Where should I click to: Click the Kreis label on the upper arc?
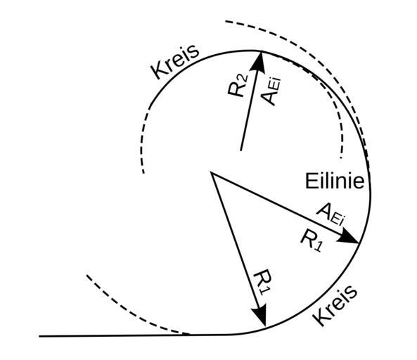(x=175, y=62)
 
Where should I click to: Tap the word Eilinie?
(x=335, y=181)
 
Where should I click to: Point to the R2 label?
(x=238, y=85)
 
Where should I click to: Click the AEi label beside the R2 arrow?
(x=271, y=91)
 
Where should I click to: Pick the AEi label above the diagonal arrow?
(x=331, y=214)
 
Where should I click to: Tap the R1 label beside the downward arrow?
(x=263, y=282)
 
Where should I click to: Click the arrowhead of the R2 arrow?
(x=259, y=62)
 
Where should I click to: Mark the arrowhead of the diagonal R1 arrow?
(x=349, y=238)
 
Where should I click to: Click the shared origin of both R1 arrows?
(x=211, y=172)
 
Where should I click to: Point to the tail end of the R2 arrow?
(x=240, y=150)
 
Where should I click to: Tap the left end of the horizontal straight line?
(x=39, y=336)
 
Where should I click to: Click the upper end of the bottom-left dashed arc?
(x=87, y=276)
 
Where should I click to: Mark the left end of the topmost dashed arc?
(x=226, y=21)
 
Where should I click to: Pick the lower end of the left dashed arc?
(x=143, y=173)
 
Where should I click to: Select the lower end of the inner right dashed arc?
(x=341, y=158)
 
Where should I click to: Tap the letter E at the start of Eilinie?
(x=310, y=181)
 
